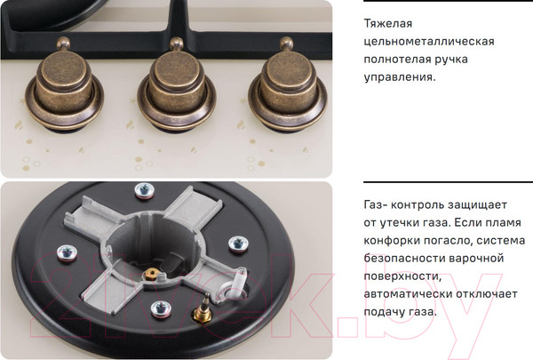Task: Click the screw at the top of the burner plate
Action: [x=141, y=190]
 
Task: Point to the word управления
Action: [x=400, y=77]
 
